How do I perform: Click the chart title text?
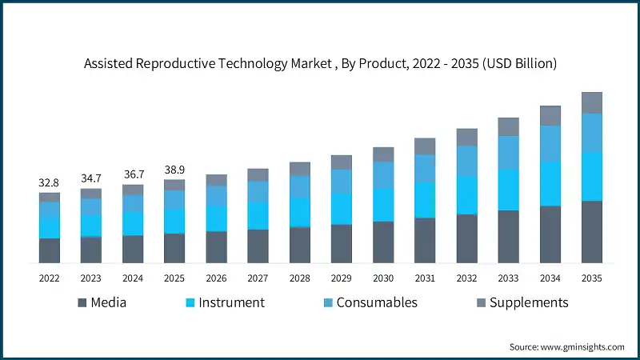click(x=320, y=64)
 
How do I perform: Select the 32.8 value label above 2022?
click(x=49, y=183)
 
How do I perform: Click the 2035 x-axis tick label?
click(x=591, y=278)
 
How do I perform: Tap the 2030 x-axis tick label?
click(x=383, y=278)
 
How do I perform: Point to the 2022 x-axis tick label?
click(x=49, y=278)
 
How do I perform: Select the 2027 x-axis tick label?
click(x=258, y=278)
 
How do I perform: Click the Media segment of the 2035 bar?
click(x=591, y=232)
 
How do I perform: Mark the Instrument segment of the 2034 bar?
click(x=550, y=184)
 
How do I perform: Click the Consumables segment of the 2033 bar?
click(x=508, y=152)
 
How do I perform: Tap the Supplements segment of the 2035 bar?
click(x=591, y=102)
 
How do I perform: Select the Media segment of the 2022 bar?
click(x=49, y=250)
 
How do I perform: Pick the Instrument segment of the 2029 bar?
click(x=342, y=209)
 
